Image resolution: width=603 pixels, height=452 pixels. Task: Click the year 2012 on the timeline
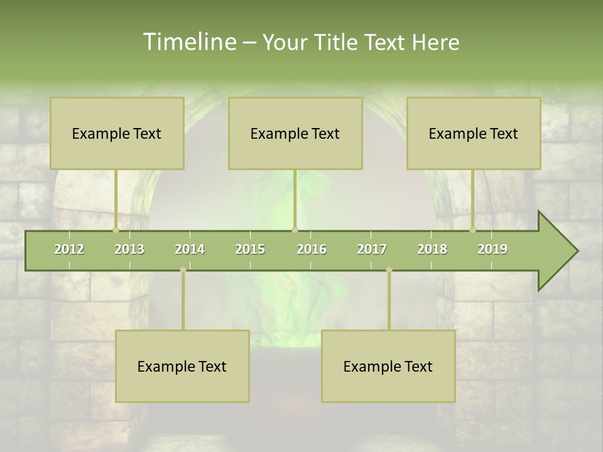69,249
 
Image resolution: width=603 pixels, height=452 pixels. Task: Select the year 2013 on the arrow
129,249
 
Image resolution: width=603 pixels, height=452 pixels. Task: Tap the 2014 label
190,249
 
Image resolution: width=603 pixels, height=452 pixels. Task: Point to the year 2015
250,249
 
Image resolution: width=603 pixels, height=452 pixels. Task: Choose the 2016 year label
312,249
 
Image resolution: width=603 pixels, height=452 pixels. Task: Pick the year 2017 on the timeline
372,249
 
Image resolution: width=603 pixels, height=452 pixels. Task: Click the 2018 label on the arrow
432,249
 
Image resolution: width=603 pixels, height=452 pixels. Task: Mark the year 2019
492,249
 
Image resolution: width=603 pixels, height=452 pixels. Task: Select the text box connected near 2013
117,133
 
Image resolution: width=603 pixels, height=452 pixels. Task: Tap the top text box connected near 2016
295,133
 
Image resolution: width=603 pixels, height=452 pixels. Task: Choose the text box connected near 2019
474,133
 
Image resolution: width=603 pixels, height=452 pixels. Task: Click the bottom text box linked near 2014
182,366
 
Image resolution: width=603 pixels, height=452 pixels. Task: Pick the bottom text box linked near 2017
388,366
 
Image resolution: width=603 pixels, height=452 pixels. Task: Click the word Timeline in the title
188,42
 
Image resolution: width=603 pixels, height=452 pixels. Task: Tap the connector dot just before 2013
116,230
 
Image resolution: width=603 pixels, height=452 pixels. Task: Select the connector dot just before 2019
473,230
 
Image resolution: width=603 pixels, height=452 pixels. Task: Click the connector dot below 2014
183,270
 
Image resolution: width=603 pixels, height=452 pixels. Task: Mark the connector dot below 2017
389,270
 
